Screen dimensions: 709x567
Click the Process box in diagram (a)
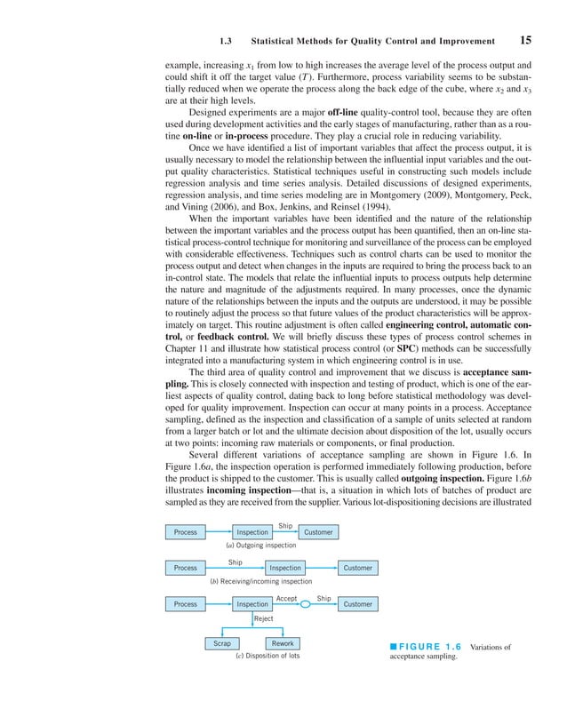tap(186, 532)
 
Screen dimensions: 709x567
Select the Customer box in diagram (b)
tap(357, 568)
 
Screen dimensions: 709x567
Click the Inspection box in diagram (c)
tap(252, 604)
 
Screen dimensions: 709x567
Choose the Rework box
tap(283, 643)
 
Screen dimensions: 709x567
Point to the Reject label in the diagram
tap(264, 618)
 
